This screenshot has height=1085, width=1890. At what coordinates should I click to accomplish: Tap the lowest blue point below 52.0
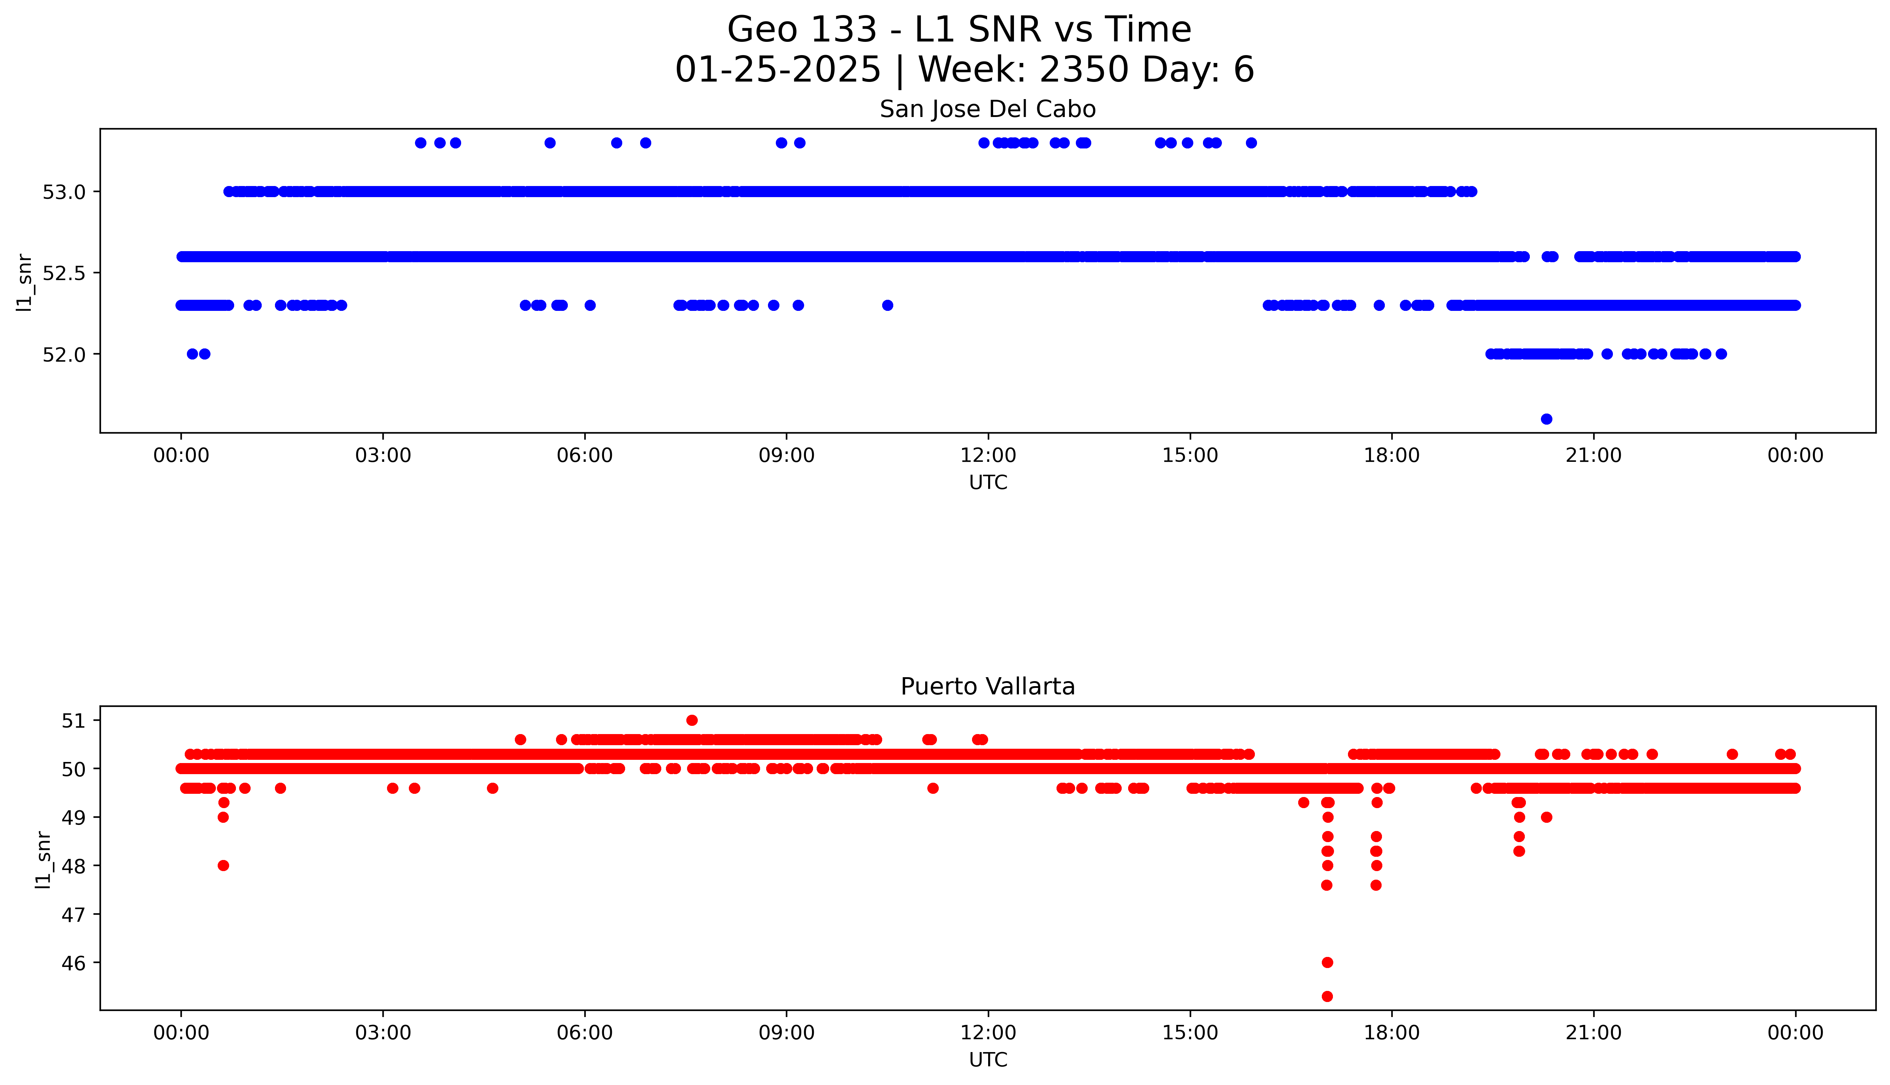[x=1546, y=419]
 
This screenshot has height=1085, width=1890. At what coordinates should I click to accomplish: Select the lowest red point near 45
[x=1327, y=996]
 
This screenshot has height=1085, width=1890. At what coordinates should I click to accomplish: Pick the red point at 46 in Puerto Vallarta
[x=1327, y=962]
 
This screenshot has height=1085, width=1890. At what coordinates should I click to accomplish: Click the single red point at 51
[x=692, y=720]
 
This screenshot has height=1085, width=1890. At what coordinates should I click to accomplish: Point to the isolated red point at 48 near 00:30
[x=223, y=865]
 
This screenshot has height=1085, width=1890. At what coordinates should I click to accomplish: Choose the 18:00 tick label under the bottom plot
[x=1391, y=1033]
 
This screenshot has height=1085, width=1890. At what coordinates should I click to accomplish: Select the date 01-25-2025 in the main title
[x=778, y=70]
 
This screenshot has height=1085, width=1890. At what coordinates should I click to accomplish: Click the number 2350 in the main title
[x=1085, y=70]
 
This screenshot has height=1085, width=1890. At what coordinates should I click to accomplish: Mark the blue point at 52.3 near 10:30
[x=887, y=305]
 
